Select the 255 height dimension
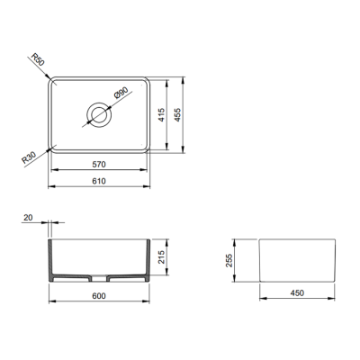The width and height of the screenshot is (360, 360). (229, 260)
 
